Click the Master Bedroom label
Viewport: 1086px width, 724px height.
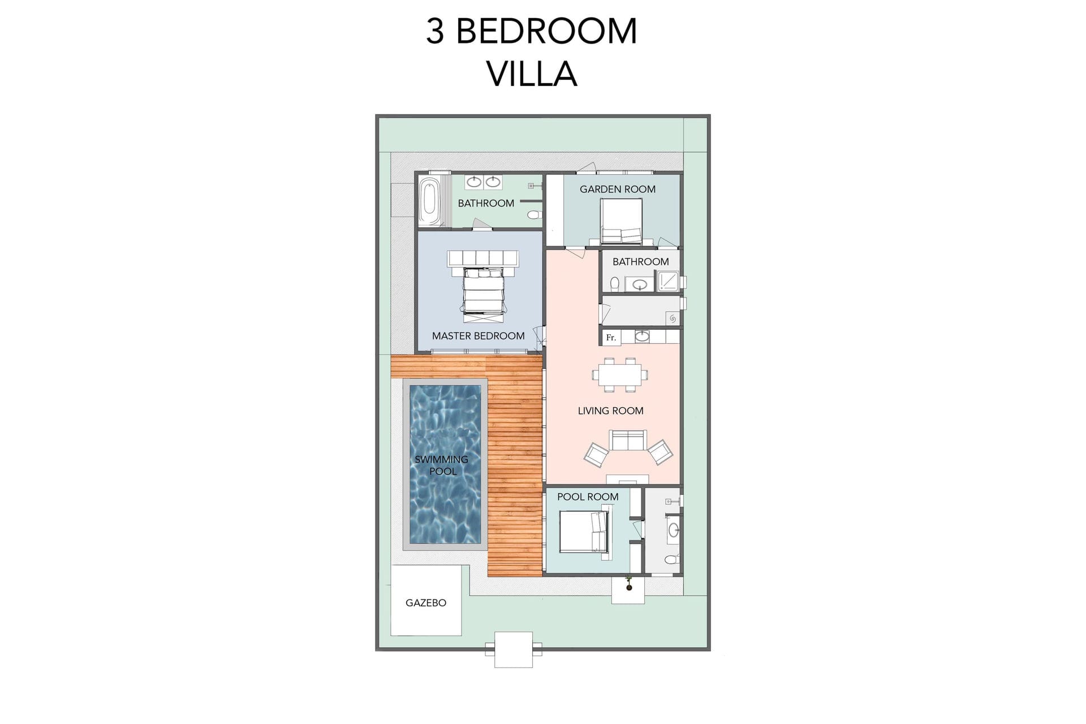point(478,336)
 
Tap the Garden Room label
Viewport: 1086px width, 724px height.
point(617,189)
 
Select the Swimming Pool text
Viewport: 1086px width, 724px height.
point(442,465)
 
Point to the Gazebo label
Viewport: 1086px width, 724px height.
point(426,603)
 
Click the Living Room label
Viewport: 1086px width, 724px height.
point(610,411)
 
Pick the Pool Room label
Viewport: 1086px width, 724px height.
point(588,497)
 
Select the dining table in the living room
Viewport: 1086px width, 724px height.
point(620,374)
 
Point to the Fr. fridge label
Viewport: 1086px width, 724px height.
point(611,338)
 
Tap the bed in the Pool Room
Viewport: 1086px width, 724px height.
point(583,532)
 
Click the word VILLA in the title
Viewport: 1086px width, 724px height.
point(532,74)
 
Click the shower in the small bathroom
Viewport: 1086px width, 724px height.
point(668,281)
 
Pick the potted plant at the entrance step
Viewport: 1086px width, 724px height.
point(628,584)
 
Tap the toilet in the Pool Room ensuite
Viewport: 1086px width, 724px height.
point(671,560)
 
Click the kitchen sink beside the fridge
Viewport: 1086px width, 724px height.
point(642,337)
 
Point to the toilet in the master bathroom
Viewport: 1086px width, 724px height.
point(535,215)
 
